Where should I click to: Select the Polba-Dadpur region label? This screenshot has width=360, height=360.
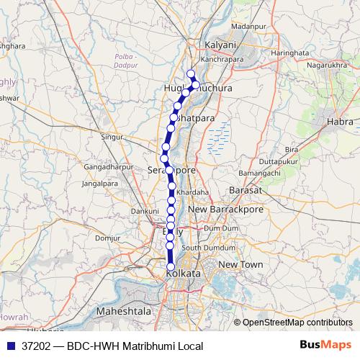point(127,60)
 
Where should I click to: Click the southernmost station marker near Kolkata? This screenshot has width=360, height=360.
point(171,266)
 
